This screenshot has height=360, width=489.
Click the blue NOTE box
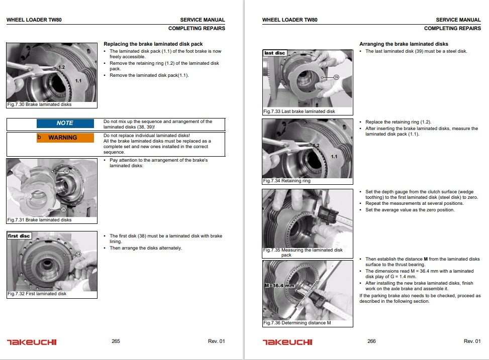(65, 123)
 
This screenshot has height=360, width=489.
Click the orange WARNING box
(65, 138)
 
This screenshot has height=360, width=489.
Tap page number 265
(116, 341)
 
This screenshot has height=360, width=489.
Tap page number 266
(371, 341)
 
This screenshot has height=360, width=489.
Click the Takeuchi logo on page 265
(32, 342)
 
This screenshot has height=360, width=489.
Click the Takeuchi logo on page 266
(287, 342)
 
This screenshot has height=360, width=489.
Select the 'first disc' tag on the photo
(19, 236)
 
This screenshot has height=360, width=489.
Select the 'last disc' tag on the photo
(275, 53)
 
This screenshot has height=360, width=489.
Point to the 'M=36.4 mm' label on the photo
(279, 285)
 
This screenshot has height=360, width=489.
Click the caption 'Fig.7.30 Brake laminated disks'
(39, 104)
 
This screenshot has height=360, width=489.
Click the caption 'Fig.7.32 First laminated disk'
(37, 294)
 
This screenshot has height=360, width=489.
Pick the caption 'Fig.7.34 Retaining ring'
(286, 181)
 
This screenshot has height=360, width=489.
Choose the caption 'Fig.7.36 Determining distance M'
(297, 323)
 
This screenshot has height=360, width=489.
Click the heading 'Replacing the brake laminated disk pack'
(153, 44)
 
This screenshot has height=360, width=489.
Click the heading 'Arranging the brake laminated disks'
(404, 44)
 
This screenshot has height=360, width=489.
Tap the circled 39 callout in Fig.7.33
(336, 77)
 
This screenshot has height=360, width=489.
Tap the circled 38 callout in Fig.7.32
(79, 255)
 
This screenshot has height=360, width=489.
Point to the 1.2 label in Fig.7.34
(316, 145)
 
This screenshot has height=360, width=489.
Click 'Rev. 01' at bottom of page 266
(472, 341)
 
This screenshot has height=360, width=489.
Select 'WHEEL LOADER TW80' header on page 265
(34, 20)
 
